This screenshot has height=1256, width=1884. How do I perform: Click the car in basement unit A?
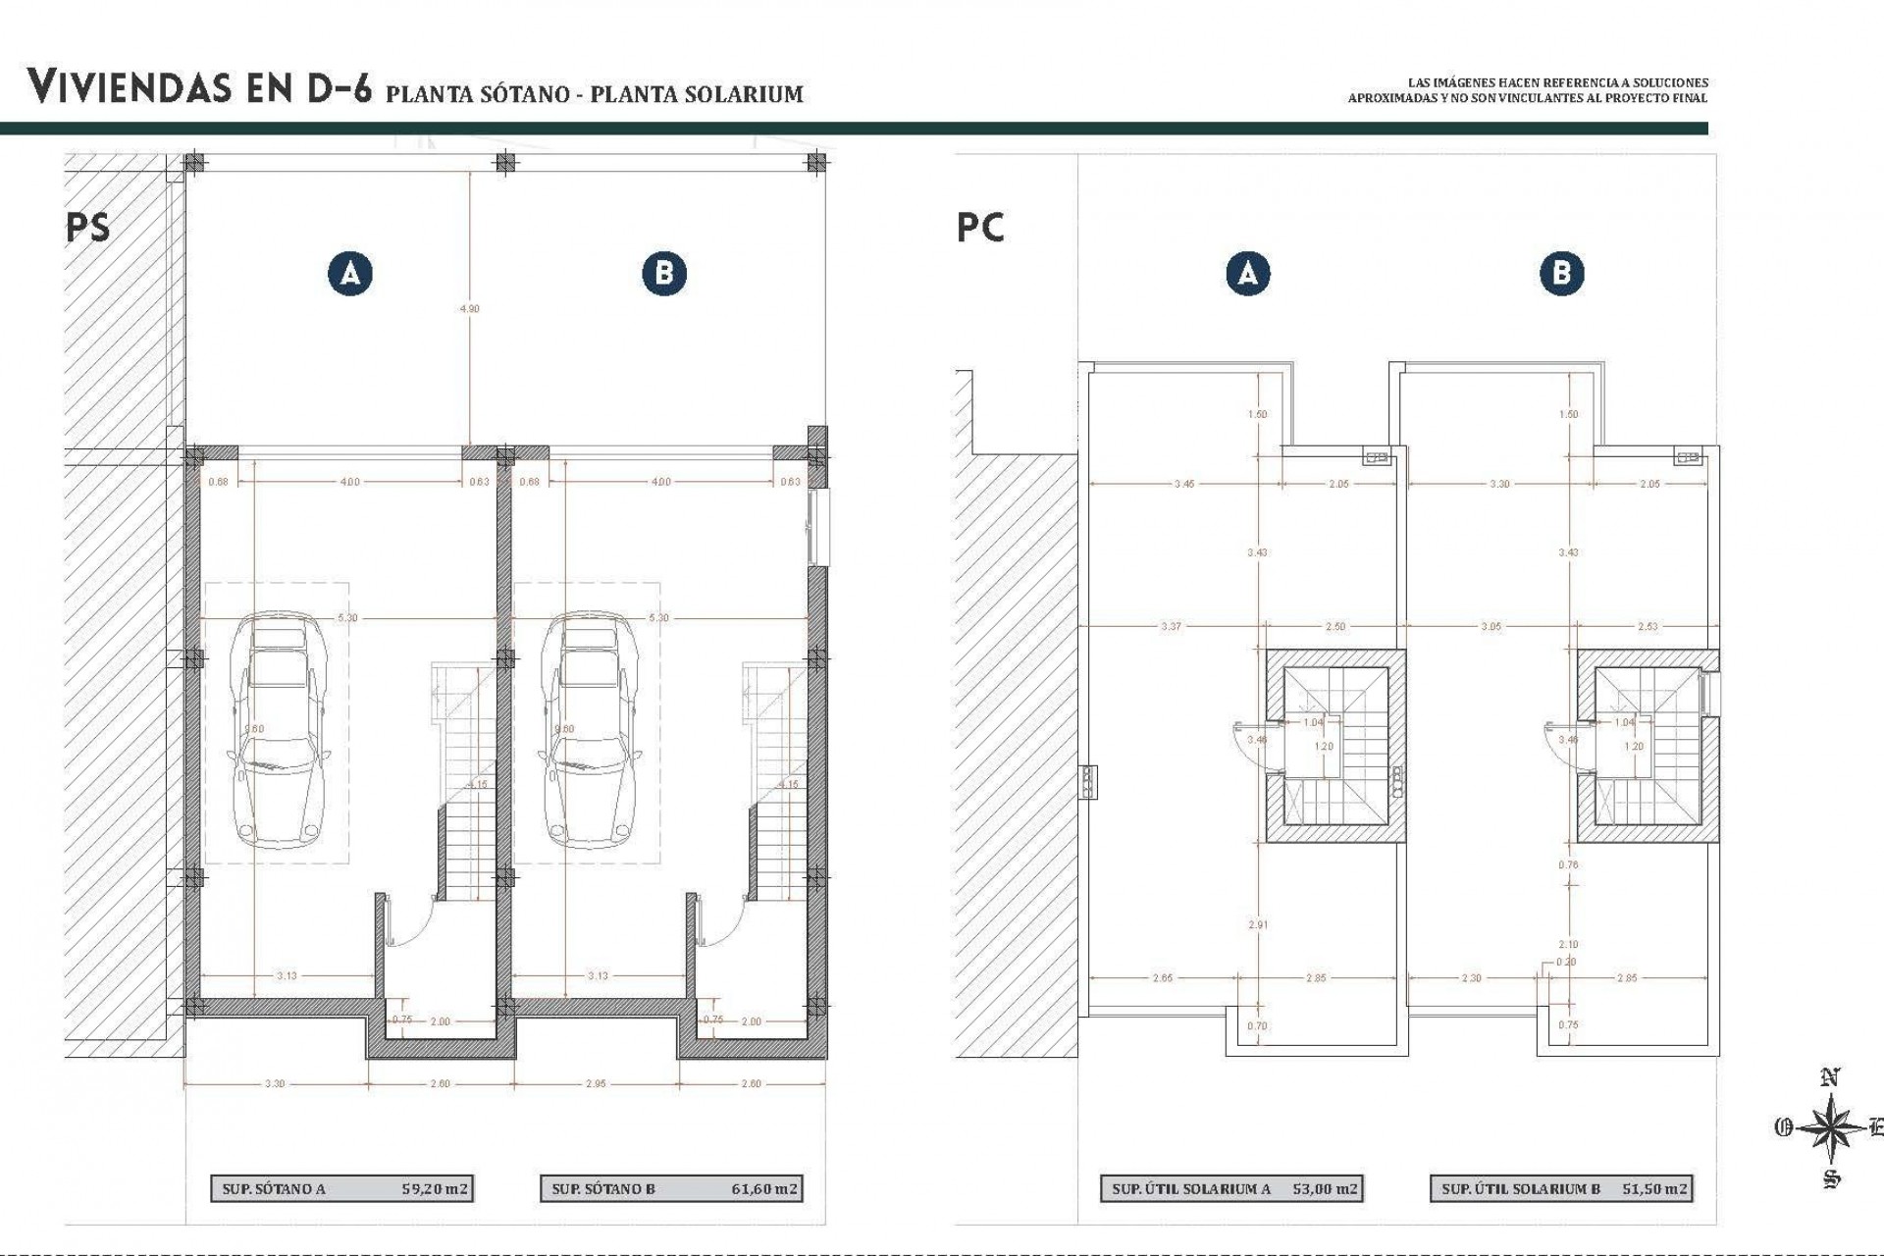277,731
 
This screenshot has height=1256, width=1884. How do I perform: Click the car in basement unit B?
587,731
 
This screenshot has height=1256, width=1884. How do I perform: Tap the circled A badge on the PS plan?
350,273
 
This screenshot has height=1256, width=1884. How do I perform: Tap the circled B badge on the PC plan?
1561,273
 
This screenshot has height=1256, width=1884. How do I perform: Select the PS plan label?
88,228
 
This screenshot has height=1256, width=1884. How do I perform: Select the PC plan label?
980,228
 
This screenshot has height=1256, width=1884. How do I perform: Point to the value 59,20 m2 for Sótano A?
436,1188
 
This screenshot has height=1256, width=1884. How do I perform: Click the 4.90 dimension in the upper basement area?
470,308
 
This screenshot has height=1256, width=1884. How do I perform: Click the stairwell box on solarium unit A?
1335,746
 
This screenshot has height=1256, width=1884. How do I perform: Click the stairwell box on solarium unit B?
1648,746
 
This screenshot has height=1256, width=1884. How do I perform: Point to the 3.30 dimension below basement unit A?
275,1084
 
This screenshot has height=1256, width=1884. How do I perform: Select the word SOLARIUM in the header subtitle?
745,94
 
